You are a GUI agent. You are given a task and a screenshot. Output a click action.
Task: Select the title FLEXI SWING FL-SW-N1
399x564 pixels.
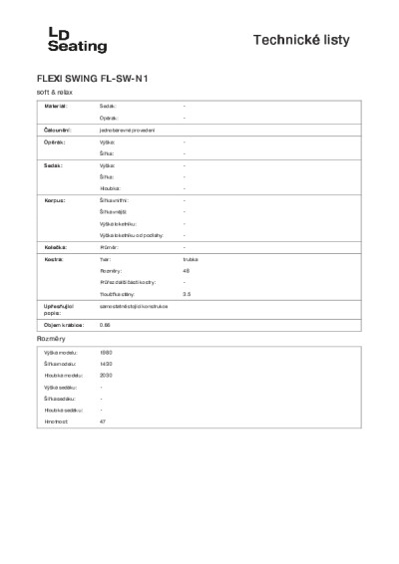click(x=99, y=78)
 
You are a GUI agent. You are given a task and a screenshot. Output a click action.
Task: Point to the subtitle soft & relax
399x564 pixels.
click(x=54, y=91)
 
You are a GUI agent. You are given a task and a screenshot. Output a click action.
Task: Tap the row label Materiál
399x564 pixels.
click(x=56, y=105)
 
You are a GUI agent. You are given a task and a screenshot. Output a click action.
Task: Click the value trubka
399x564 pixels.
click(x=191, y=258)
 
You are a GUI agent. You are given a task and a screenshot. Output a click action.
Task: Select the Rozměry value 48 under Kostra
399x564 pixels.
click(x=187, y=271)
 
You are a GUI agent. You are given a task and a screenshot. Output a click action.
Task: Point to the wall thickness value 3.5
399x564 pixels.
click(x=188, y=295)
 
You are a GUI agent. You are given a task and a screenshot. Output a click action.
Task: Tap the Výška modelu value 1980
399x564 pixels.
click(x=107, y=354)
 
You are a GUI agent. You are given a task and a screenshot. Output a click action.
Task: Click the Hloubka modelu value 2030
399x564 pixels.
click(x=107, y=377)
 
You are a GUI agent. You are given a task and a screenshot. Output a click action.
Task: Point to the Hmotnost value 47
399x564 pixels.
click(x=103, y=422)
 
